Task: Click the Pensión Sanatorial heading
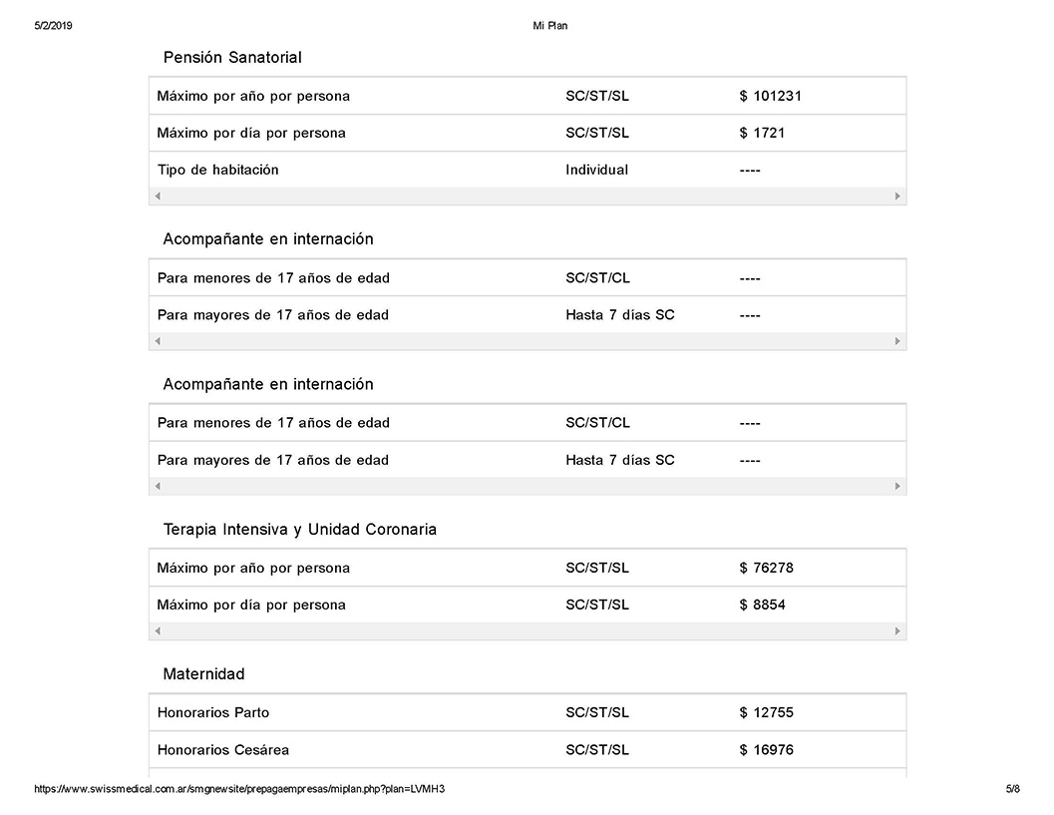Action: [231, 58]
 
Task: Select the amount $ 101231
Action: [770, 97]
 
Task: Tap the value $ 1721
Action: [762, 133]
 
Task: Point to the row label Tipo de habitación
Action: [217, 170]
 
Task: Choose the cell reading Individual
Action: [596, 170]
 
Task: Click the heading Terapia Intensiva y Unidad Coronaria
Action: [299, 530]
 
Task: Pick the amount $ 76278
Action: [766, 569]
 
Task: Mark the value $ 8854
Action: [762, 605]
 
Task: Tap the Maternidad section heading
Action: [203, 674]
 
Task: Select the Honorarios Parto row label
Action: [212, 713]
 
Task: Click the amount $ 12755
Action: [766, 713]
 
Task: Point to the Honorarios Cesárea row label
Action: [222, 750]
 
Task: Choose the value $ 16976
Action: [766, 750]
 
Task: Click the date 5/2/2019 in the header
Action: [53, 26]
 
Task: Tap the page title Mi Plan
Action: [550, 26]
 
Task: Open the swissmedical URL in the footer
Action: [239, 789]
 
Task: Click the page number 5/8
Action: [1012, 789]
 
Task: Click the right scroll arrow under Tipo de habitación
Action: [897, 197]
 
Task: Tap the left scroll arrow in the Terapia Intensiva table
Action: [158, 631]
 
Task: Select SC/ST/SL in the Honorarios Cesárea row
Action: [596, 750]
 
